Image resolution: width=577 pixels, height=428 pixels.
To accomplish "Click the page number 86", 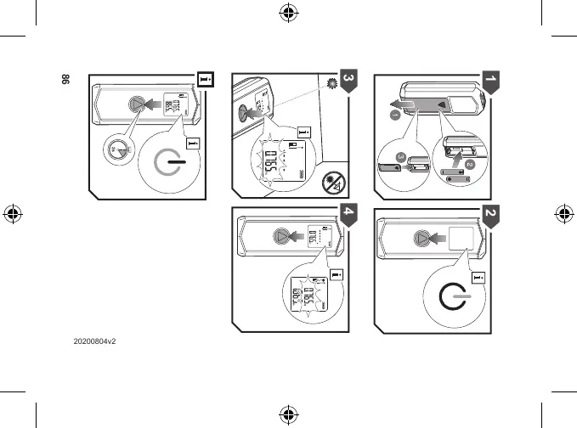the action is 62,82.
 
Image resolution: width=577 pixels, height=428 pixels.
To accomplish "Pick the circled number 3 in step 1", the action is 399,155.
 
